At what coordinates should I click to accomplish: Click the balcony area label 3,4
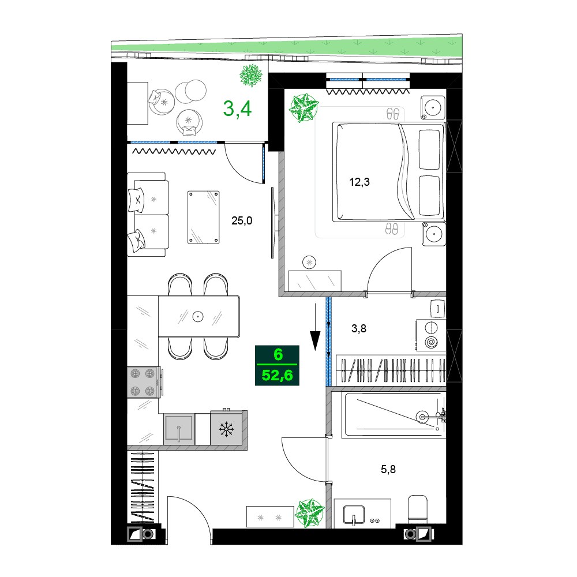[237, 108]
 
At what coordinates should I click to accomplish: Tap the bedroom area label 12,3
[359, 182]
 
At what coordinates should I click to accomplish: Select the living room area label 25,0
[242, 220]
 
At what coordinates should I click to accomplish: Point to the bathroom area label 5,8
[388, 469]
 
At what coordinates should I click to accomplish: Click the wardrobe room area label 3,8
[359, 328]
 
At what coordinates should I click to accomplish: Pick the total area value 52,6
[277, 376]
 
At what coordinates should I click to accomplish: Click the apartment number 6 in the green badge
[278, 354]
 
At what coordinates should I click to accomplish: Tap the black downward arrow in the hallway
[316, 327]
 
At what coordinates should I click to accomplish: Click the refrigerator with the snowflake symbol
[226, 429]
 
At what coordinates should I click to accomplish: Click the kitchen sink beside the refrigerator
[179, 429]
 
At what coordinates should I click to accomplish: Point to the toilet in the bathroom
[418, 509]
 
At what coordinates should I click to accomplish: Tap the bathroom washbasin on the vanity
[354, 515]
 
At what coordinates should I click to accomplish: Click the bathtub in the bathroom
[394, 415]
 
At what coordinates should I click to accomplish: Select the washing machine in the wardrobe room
[430, 335]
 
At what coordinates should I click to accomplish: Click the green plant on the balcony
[251, 76]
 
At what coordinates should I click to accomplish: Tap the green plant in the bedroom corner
[304, 108]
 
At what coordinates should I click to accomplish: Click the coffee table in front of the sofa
[204, 217]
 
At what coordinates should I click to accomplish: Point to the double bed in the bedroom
[388, 172]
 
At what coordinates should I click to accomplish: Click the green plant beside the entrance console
[311, 512]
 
